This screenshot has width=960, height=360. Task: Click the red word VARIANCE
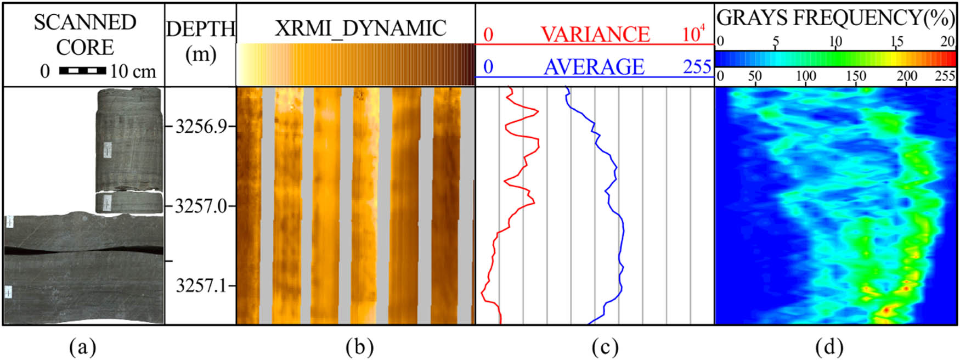595,34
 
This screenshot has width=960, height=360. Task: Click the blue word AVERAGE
594,67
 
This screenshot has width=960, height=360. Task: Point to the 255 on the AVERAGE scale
697,67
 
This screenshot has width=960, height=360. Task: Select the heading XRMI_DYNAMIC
360,28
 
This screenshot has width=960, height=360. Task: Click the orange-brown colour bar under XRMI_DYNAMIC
355,64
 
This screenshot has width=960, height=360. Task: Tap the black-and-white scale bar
82,71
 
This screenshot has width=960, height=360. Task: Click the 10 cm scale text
133,71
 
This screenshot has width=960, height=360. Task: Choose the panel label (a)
83,347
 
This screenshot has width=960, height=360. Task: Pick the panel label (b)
360,347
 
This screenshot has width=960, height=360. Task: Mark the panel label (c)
605,347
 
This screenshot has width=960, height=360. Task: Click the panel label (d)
829,347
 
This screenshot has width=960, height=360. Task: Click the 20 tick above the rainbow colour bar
947,41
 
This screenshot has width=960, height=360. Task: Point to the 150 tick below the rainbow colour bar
856,76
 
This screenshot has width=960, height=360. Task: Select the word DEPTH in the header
201,29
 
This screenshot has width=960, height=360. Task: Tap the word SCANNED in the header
85,22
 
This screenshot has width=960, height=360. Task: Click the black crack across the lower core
82,250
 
